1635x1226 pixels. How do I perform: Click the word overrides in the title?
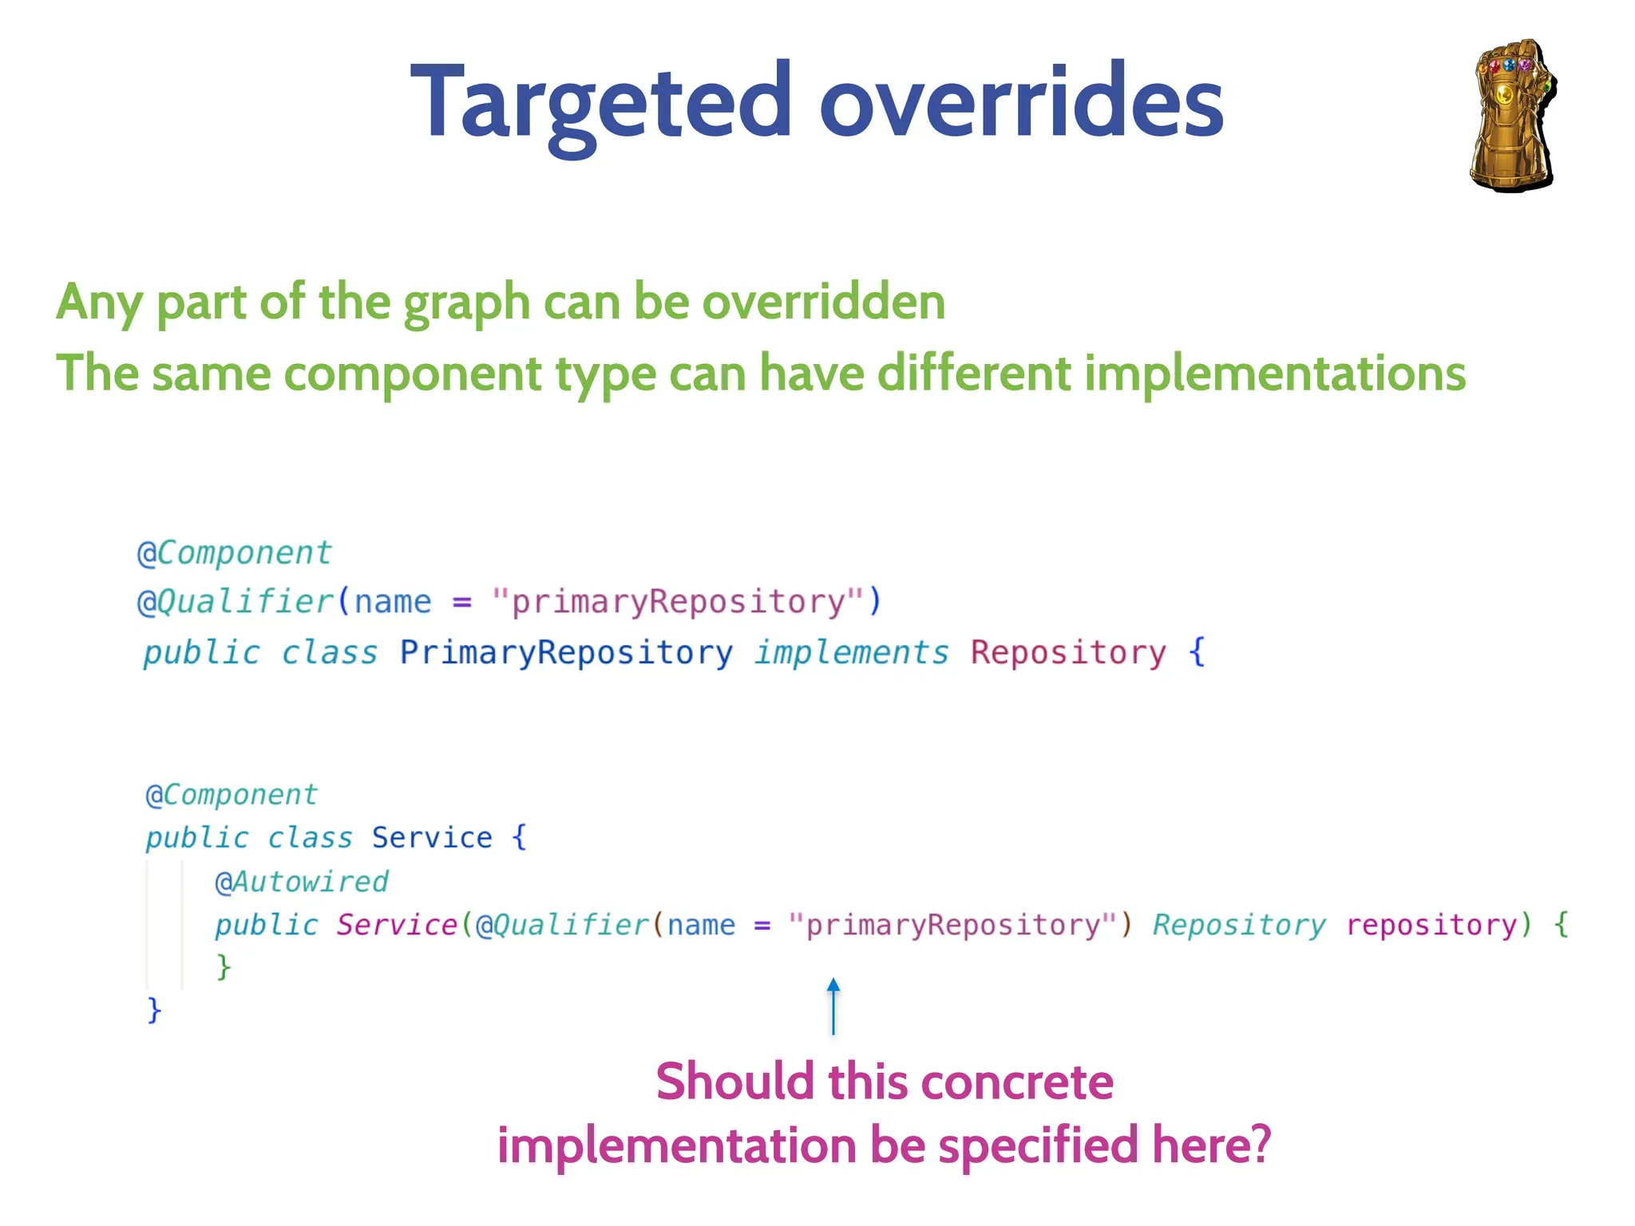pos(1021,104)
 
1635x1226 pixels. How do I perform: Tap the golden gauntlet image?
pos(1512,116)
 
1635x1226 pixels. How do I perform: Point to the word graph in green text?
pos(467,304)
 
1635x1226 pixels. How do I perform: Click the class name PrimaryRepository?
pos(565,652)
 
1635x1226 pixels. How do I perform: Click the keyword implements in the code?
pos(852,652)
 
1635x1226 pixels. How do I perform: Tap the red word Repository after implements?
pos(1068,652)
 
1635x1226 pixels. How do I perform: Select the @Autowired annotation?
pos(302,881)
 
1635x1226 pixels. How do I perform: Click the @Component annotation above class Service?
pos(232,794)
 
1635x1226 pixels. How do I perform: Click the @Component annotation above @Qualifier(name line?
pos(235,552)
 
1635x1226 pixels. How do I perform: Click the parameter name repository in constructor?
pos(1431,924)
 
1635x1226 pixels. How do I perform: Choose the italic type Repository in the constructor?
pos(1238,924)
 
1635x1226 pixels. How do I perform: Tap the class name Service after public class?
pos(431,837)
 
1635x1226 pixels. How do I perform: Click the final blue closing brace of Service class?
pos(154,1010)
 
